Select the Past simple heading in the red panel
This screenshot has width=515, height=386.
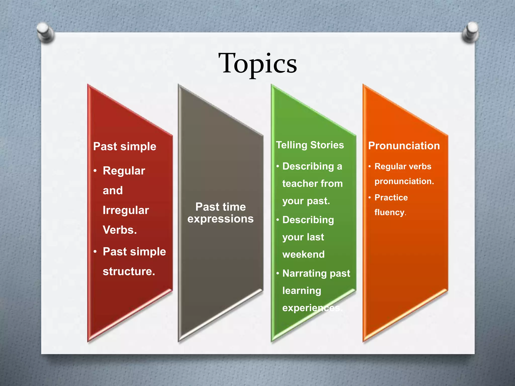125,147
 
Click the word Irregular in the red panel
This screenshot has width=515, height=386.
126,210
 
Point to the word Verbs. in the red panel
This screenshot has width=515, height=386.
120,230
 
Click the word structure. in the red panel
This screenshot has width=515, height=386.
129,271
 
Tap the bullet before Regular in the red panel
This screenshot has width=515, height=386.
95,171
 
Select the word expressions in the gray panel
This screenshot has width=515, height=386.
221,219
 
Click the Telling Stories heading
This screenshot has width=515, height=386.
310,145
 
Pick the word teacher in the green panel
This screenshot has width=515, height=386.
298,184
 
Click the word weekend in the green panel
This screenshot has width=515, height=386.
304,255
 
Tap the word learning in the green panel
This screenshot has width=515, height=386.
302,291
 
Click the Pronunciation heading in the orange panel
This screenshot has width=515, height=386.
404,146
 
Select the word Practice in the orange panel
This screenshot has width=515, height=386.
391,198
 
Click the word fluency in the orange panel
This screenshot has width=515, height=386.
390,213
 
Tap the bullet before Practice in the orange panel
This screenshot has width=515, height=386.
370,198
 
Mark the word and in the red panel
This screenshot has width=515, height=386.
113,190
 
